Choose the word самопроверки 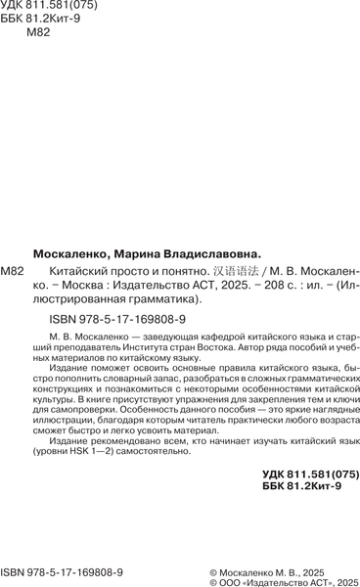tap(75, 412)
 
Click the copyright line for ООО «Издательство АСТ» tap(285, 581)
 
